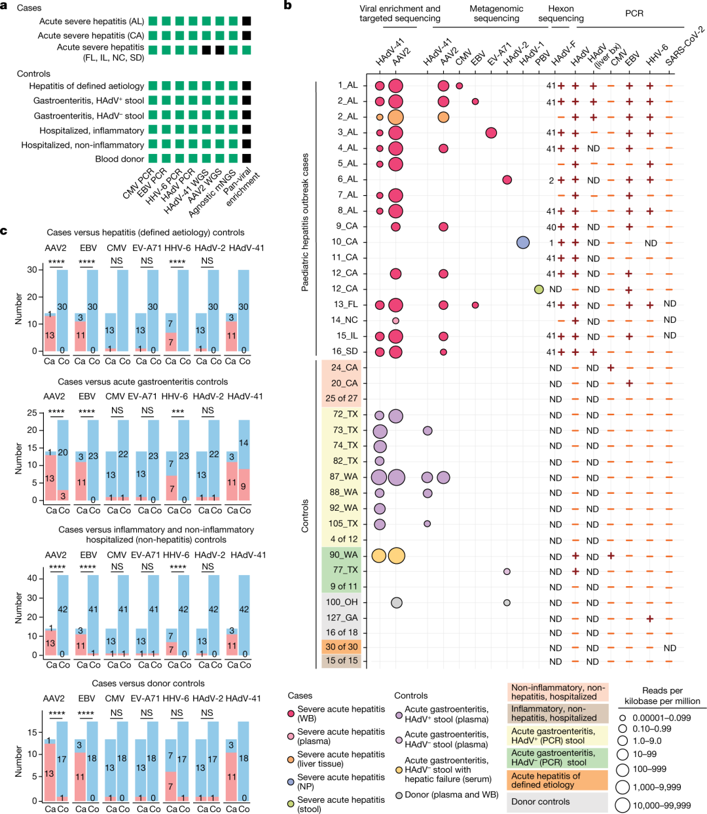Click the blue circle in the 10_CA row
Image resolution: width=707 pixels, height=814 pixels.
(522, 242)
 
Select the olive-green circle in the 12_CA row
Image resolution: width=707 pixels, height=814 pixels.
(539, 289)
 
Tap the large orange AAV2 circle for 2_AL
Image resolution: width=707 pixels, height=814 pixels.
(395, 117)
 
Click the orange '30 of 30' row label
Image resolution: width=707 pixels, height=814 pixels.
(342, 646)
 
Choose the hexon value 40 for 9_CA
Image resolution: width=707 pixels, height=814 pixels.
(551, 227)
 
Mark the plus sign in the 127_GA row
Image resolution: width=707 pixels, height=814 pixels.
(650, 618)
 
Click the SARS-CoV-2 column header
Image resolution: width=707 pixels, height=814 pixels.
(685, 46)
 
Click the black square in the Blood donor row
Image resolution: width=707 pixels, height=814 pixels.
(246, 158)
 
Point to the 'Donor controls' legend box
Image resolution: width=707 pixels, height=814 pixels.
(541, 802)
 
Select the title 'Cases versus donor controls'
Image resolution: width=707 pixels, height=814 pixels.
(148, 683)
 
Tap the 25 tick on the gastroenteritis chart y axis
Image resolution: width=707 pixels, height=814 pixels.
(31, 413)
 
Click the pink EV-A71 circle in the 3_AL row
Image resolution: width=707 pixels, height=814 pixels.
(491, 133)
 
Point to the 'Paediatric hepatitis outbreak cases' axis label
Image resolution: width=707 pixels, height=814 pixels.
(305, 223)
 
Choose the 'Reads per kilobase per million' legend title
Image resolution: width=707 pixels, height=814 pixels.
(662, 695)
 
